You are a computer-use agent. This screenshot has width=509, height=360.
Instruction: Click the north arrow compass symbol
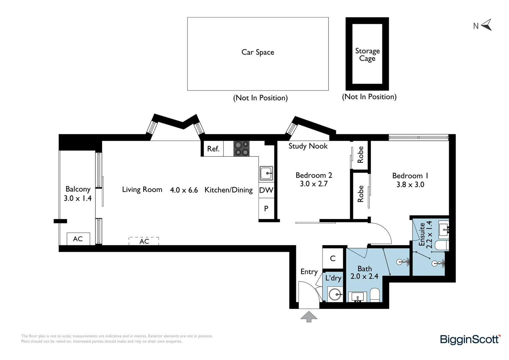pos(486,25)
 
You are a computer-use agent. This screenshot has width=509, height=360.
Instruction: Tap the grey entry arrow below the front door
pos(309,316)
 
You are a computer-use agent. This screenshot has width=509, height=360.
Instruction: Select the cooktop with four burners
pos(241,149)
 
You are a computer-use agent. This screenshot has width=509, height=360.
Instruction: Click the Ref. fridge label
pos(213,149)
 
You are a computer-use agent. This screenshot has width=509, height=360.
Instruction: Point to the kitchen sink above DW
pos(266,173)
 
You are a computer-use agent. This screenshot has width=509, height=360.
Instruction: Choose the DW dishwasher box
pos(266,190)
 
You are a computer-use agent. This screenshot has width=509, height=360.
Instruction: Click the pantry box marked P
pos(266,209)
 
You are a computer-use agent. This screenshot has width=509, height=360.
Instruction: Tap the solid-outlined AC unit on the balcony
pos(78,239)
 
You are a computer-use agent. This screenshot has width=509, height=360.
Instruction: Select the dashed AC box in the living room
pos(144,241)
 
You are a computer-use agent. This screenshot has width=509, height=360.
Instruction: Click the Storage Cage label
pos(367,55)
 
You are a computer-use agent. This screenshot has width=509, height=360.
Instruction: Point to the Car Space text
pos(257,52)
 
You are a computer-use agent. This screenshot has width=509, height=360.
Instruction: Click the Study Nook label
pos(308,146)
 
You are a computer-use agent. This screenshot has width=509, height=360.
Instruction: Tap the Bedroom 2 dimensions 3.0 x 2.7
pos(313,184)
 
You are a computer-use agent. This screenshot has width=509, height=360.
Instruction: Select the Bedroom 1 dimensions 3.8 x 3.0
pos(410,185)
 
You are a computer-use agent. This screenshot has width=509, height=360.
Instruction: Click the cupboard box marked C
pos(333,258)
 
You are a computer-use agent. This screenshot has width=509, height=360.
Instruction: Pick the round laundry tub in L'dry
pos(334,294)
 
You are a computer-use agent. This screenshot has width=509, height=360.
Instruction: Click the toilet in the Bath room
pos(375,295)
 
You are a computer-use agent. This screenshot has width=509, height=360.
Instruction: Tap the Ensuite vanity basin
pos(443,228)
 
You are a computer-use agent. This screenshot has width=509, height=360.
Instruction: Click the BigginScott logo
pos(470,339)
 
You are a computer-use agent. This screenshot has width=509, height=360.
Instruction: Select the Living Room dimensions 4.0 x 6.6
pos(184,190)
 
